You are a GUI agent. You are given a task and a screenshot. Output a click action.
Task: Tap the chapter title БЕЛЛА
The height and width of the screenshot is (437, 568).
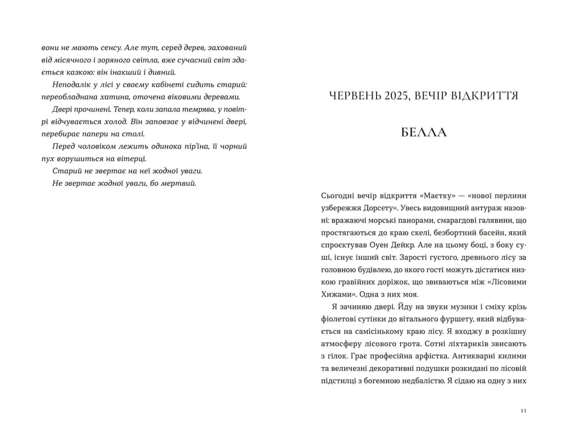pos(424,132)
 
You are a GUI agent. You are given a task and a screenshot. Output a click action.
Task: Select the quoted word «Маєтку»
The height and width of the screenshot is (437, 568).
pos(410,193)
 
